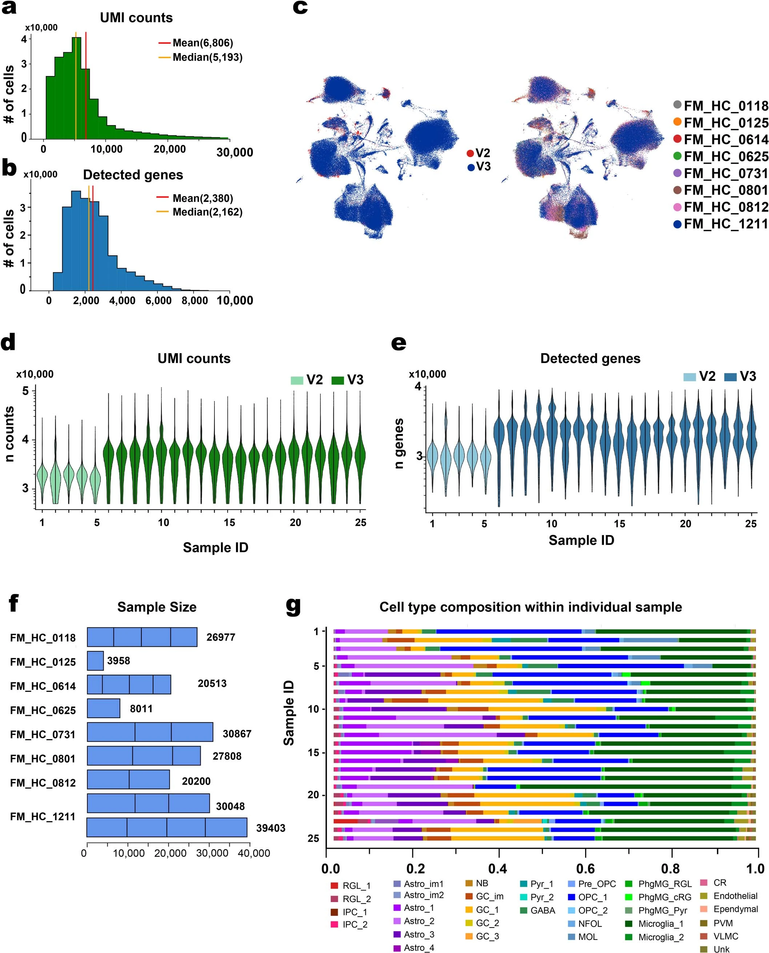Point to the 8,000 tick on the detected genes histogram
pos(195,300)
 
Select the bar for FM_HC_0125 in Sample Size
pos(95,661)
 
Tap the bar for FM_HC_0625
pos(103,708)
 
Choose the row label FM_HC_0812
pos(43,783)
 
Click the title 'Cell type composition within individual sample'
pos(530,607)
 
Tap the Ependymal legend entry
pos(735,909)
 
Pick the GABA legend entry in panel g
pos(542,910)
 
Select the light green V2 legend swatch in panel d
pos(297,380)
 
